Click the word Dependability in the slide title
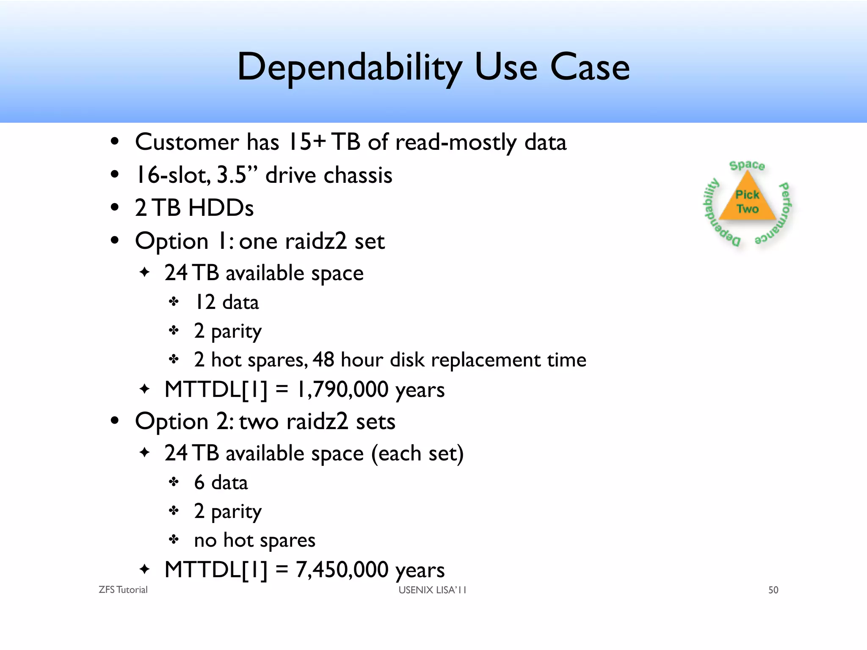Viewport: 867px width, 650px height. (x=350, y=68)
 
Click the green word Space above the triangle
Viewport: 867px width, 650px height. (x=747, y=165)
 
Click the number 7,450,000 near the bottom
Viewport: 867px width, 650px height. (x=342, y=570)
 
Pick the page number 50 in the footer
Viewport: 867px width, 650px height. (x=773, y=590)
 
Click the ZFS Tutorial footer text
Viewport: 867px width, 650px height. (x=123, y=590)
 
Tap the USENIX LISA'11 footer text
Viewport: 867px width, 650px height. (x=432, y=590)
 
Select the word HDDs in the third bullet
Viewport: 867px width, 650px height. (x=221, y=208)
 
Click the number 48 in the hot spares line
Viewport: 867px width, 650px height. (x=323, y=360)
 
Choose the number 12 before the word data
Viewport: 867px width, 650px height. (x=205, y=302)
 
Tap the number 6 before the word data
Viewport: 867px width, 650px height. (x=199, y=482)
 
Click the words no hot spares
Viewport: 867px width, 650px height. (x=254, y=540)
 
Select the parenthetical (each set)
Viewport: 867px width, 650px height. (x=417, y=454)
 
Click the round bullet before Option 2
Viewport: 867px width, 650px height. (x=115, y=421)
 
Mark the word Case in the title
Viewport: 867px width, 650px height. (x=590, y=68)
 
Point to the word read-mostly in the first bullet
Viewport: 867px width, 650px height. (x=456, y=142)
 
